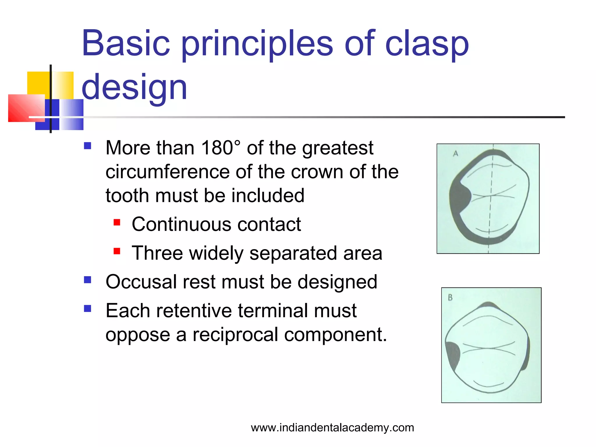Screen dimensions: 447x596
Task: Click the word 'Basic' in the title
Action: [x=126, y=44]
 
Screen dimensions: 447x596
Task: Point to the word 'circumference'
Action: [x=167, y=172]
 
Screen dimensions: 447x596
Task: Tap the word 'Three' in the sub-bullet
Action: [x=157, y=253]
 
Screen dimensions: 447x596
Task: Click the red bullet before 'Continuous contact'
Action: [x=117, y=223]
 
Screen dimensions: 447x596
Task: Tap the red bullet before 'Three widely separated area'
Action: [x=117, y=251]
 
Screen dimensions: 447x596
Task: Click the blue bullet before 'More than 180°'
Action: [x=88, y=146]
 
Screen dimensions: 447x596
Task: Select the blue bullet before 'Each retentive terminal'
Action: [x=88, y=308]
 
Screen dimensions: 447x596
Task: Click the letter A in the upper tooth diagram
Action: [x=456, y=153]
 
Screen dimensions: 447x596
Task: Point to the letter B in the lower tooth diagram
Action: [x=450, y=297]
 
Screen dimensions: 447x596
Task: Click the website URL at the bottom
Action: [x=332, y=428]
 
